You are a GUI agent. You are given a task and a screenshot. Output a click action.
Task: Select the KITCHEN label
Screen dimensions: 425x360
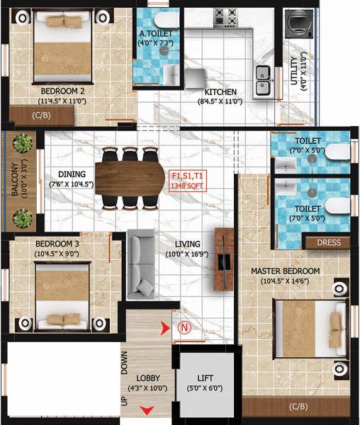(x=220, y=92)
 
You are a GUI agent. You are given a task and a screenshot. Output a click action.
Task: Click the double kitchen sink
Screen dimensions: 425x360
(x=261, y=79)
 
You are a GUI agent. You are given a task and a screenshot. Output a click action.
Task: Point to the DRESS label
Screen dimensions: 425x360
(x=328, y=243)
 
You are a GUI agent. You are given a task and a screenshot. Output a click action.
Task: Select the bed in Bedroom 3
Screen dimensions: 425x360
(x=63, y=308)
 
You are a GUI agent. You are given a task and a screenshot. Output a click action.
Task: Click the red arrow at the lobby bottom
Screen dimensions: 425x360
(x=147, y=410)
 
